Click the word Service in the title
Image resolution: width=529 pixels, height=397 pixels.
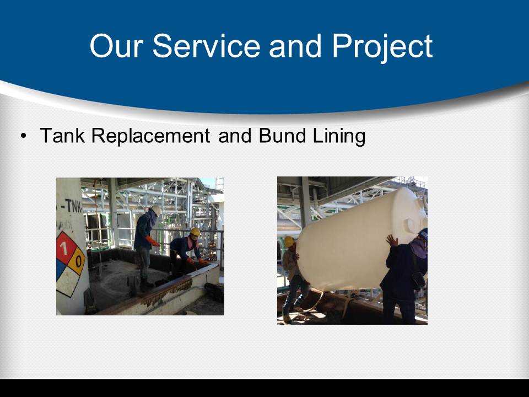pos(206,46)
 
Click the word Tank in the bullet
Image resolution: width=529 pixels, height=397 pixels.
pos(62,136)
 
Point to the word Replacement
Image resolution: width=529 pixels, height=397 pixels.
pos(150,136)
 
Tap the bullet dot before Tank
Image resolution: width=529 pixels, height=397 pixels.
pos(23,136)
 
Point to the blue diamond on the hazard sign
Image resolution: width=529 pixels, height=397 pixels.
pos(60,269)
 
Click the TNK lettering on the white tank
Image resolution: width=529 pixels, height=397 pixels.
pos(73,206)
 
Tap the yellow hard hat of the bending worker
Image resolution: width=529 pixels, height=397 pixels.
pos(195,232)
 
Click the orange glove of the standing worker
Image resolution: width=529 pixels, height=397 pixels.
pos(152,241)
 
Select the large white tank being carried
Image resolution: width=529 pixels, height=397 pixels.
pos(360,240)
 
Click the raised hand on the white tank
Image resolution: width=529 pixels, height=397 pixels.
pos(392,240)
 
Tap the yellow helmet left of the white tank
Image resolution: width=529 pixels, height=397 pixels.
pos(289,242)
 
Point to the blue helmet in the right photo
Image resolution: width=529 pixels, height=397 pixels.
pos(423,234)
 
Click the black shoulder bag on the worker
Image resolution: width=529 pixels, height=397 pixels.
pos(418,280)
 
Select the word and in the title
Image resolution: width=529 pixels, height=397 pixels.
pos(295,46)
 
